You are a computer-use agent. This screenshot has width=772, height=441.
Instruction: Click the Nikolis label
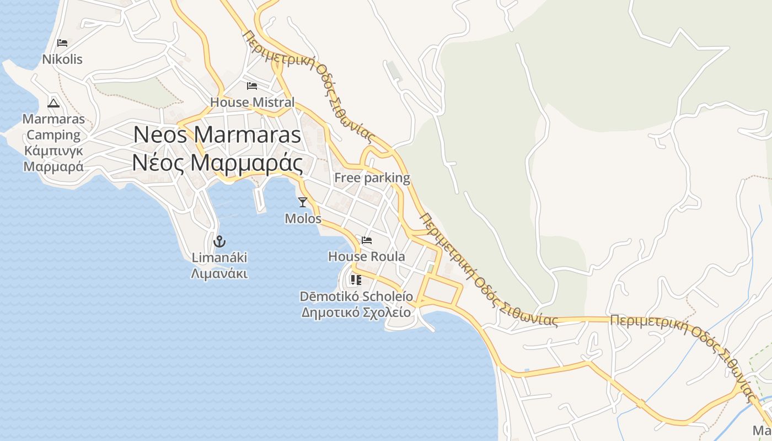point(62,60)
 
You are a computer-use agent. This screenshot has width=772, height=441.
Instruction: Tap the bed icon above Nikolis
point(62,43)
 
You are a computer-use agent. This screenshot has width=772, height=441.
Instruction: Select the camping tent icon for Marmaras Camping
point(53,103)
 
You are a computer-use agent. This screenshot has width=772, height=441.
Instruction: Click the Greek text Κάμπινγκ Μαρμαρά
point(54,159)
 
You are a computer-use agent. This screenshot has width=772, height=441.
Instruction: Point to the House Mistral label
point(252,102)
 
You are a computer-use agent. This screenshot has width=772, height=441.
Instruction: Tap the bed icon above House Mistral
point(252,86)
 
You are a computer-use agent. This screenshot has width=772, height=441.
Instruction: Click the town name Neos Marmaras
point(217,135)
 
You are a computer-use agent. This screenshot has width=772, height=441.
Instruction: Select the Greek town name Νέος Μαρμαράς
point(217,163)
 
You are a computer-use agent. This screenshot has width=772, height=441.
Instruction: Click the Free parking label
point(372,178)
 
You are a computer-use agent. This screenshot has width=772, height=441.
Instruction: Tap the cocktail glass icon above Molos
point(302,202)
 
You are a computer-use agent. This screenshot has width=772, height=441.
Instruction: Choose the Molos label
point(303,218)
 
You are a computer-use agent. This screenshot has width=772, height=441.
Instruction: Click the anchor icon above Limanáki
point(219,241)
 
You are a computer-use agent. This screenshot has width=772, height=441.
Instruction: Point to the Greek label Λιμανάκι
point(219,273)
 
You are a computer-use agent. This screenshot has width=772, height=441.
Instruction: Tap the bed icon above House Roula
point(367,240)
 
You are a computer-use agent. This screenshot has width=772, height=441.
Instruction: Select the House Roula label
point(367,256)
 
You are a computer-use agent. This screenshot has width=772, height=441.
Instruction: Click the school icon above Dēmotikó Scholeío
point(356,280)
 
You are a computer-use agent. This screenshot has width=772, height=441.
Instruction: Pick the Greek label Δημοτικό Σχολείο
point(356,312)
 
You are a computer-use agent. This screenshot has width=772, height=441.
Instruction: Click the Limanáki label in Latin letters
point(219,257)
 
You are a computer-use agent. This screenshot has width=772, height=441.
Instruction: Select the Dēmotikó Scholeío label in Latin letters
point(356,296)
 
